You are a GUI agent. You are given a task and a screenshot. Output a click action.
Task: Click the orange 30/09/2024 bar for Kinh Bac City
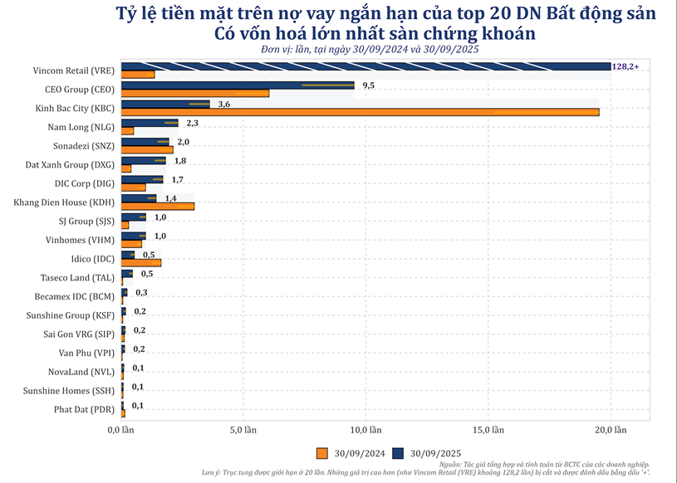(x=360, y=112)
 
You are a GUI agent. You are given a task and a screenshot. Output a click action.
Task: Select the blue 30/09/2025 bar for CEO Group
(x=238, y=85)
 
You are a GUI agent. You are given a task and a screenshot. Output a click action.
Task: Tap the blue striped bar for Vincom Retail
(x=365, y=66)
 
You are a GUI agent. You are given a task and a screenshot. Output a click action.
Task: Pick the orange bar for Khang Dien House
(x=158, y=205)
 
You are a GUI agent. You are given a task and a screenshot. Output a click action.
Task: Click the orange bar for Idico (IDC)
(x=141, y=262)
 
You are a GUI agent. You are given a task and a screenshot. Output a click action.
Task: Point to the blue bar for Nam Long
(x=150, y=123)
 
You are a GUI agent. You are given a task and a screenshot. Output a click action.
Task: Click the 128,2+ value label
(x=625, y=66)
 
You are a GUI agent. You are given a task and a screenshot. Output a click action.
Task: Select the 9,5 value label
(x=369, y=85)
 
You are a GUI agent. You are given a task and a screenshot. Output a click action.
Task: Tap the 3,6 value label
(x=223, y=104)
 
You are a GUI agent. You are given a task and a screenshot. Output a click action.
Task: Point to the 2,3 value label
(x=192, y=123)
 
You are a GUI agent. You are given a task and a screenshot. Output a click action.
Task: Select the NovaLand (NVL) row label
(x=80, y=372)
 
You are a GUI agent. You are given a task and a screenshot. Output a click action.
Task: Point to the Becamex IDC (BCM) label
(x=74, y=296)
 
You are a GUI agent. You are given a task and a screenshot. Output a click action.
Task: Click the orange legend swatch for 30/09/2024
(x=322, y=453)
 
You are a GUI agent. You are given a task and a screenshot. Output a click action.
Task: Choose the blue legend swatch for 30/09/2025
(x=398, y=453)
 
